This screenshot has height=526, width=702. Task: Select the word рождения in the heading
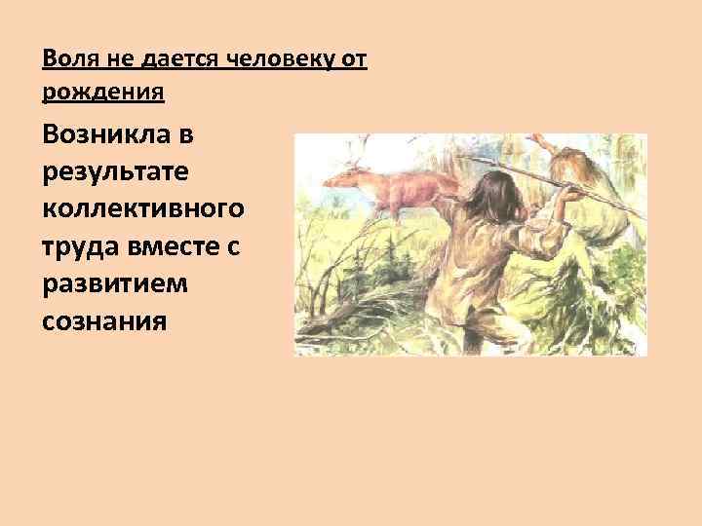click(103, 93)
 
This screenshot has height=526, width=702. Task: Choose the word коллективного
click(143, 209)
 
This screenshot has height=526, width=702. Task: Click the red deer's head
click(338, 177)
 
